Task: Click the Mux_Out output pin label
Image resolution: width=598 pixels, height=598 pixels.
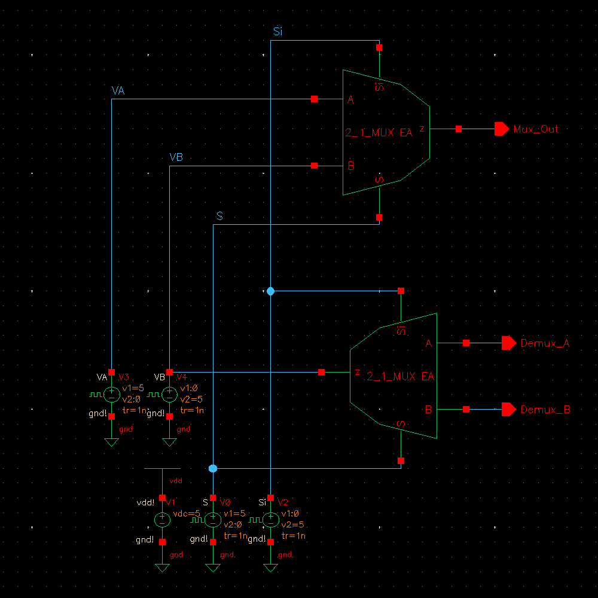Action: (x=536, y=129)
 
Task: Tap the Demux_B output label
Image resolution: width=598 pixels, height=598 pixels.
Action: (x=545, y=410)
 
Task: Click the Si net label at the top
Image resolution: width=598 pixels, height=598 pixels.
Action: (x=277, y=32)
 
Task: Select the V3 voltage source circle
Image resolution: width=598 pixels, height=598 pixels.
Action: (x=111, y=394)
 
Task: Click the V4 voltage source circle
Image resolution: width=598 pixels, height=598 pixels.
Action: (x=169, y=394)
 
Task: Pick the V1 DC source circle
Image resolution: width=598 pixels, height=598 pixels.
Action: (x=162, y=520)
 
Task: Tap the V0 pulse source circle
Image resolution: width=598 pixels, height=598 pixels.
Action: (x=213, y=520)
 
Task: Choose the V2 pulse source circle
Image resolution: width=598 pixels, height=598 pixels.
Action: (x=271, y=520)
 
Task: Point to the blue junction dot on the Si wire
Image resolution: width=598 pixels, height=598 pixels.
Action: (x=270, y=291)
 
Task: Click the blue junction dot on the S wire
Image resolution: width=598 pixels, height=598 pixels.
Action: (x=213, y=468)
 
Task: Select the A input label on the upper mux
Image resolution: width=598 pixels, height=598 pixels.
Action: (x=350, y=100)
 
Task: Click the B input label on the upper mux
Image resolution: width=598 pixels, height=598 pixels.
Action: (x=351, y=166)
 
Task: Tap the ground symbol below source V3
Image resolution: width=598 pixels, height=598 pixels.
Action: (x=111, y=442)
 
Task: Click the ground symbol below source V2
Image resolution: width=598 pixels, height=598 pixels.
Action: (x=271, y=568)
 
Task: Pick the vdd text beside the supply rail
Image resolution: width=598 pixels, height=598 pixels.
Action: (x=176, y=481)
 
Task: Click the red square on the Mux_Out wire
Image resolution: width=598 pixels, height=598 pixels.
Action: (x=459, y=129)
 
